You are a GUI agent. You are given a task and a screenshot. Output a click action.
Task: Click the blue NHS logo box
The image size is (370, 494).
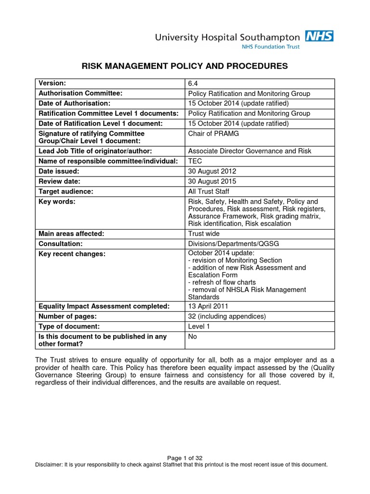[x=319, y=36]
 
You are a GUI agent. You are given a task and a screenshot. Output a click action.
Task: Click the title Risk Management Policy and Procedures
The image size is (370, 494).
[x=185, y=66]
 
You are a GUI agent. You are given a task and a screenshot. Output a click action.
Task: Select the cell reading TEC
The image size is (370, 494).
[x=195, y=161]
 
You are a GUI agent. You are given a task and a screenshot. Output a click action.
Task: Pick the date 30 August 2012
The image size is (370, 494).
[x=212, y=171]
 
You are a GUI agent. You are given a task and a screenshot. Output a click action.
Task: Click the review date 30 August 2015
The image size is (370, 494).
[x=212, y=181]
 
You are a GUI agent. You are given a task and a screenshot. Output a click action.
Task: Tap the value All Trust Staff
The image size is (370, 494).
[x=209, y=192]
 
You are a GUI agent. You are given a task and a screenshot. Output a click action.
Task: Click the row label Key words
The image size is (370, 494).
[x=57, y=201]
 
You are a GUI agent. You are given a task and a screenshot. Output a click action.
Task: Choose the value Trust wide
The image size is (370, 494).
[x=204, y=233]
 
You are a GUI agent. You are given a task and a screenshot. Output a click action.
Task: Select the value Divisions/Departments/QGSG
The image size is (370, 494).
[x=233, y=244]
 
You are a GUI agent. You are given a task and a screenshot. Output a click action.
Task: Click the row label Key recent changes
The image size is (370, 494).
[x=72, y=254]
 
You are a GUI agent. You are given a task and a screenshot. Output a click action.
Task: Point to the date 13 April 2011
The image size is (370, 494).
[x=208, y=306]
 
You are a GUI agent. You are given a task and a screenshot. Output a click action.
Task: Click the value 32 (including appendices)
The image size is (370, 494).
[x=227, y=316]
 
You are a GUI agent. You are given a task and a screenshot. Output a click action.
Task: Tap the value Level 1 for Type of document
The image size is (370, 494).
[x=199, y=326]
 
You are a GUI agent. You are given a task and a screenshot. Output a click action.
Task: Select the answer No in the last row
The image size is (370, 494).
[x=193, y=336]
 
